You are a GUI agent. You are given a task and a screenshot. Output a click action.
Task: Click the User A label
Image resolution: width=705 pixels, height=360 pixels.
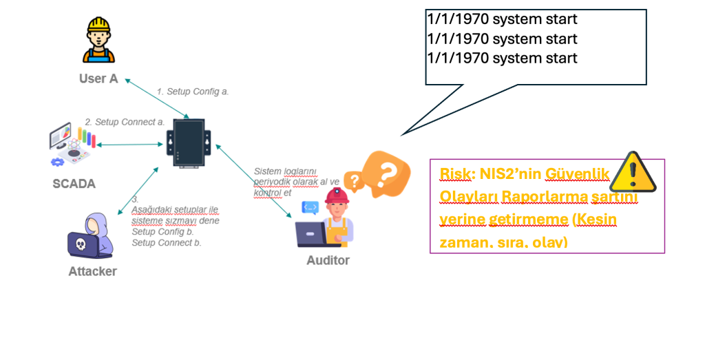click(x=98, y=78)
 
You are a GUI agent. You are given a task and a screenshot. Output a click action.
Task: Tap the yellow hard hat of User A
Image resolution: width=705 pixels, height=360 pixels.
click(x=98, y=25)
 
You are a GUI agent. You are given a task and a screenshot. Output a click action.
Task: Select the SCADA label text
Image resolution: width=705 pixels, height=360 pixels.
click(x=74, y=184)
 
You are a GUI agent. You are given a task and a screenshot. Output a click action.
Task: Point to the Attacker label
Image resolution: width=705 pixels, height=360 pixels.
click(x=92, y=271)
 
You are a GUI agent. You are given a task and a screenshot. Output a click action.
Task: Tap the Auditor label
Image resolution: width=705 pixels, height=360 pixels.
click(x=328, y=260)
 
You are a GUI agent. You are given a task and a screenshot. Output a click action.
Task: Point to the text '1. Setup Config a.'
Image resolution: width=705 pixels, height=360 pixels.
click(x=192, y=91)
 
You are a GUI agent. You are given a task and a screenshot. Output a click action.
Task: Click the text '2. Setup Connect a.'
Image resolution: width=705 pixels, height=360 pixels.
click(x=125, y=122)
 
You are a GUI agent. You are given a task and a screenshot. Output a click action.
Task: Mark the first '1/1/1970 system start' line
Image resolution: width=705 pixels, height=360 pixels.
click(x=502, y=19)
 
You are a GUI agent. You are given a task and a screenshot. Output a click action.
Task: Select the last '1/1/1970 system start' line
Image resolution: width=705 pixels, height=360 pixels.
click(x=502, y=58)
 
